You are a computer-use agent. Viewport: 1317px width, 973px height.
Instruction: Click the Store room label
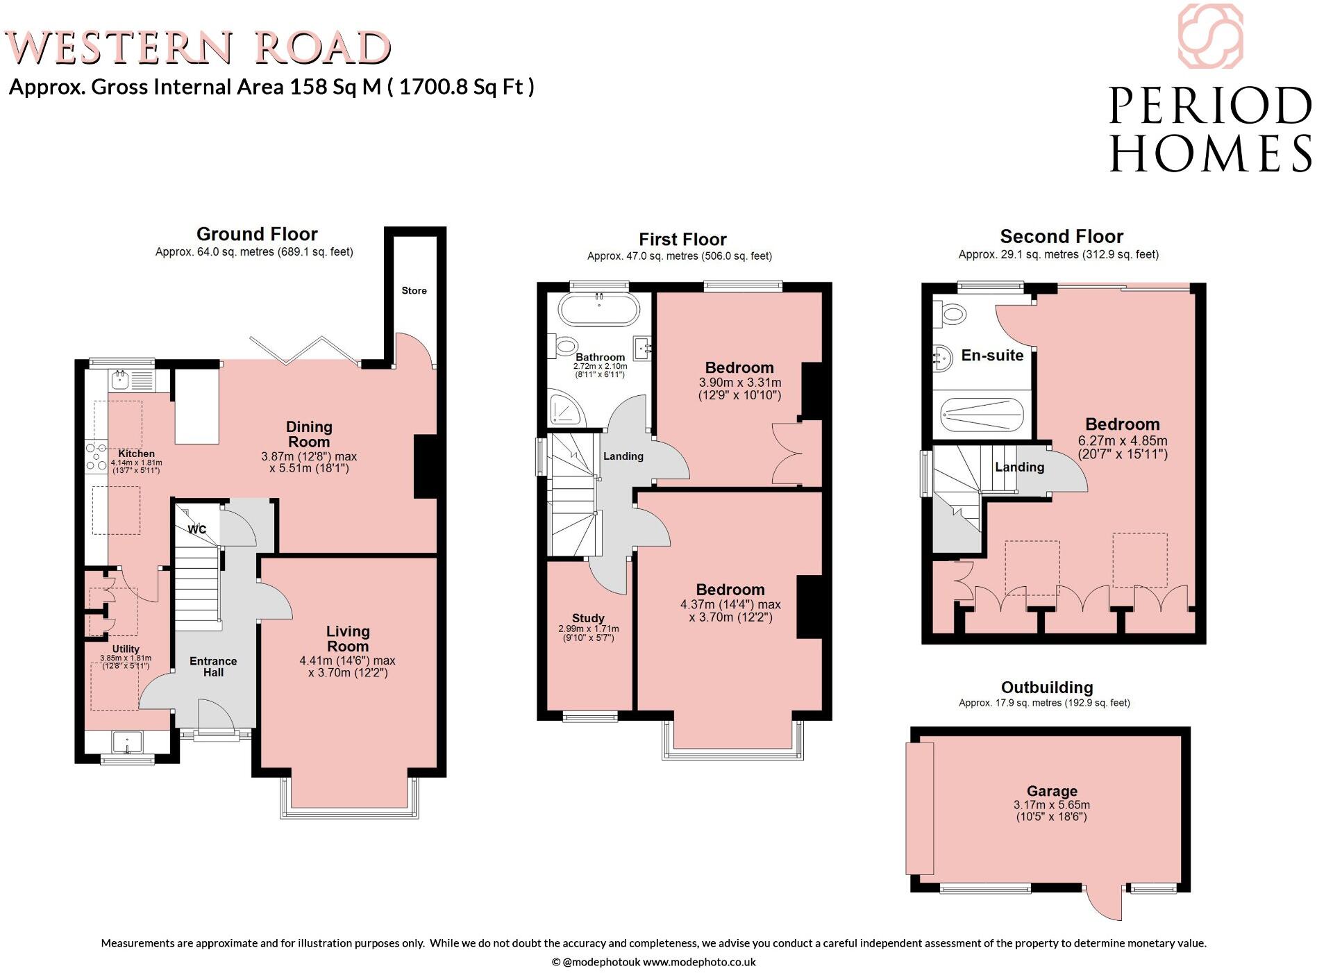tap(414, 290)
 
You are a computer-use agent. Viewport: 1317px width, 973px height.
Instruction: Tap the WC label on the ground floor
tap(197, 529)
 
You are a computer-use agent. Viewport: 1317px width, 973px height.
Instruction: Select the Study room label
tap(588, 618)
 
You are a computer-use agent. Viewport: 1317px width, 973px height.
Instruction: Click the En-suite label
tap(991, 356)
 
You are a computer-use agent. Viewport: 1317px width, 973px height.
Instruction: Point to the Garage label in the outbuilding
tap(1052, 791)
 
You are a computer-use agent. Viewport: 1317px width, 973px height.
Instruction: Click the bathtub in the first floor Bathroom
tap(598, 310)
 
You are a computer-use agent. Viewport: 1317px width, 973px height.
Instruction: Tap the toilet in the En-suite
tap(950, 315)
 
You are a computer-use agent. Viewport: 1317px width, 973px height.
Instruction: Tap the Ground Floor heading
tap(257, 234)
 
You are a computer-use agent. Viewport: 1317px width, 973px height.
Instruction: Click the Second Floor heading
tap(1061, 237)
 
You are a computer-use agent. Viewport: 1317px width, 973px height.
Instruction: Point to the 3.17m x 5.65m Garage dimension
tap(1051, 805)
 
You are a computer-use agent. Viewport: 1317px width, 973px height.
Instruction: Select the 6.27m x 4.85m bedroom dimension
tap(1122, 440)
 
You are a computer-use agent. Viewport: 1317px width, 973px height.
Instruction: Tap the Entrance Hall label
tap(213, 667)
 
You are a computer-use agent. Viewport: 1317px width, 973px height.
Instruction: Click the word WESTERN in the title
tap(118, 49)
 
